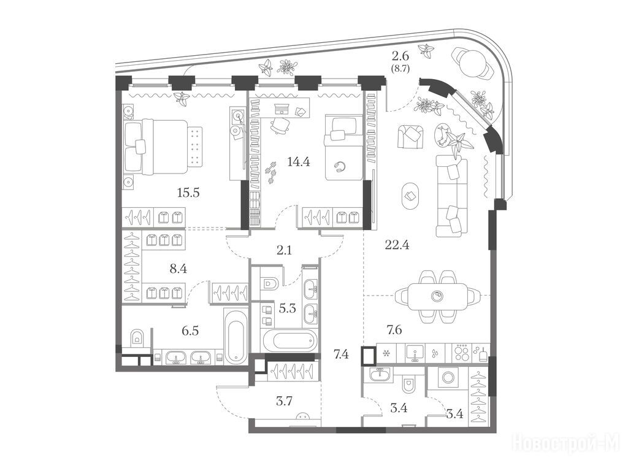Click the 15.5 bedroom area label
(x=188, y=193)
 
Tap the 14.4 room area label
(x=299, y=162)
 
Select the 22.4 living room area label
(x=397, y=245)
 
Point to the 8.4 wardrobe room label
(x=178, y=269)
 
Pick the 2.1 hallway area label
(x=284, y=251)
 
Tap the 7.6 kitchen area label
(x=394, y=330)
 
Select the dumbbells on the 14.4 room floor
(x=271, y=172)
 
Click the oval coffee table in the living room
(x=411, y=196)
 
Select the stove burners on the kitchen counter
(x=462, y=353)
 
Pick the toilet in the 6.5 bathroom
(x=137, y=339)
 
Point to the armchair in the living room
(x=410, y=136)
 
